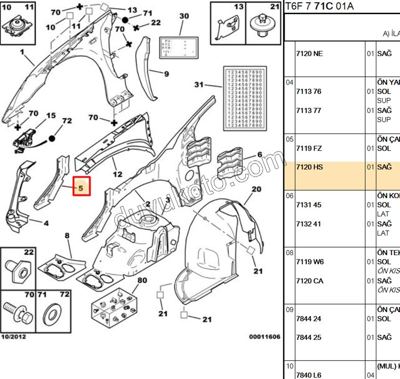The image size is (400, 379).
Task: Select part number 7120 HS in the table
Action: click(x=309, y=167)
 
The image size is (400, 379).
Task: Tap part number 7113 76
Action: click(x=308, y=91)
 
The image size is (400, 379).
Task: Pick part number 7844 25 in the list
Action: click(x=308, y=338)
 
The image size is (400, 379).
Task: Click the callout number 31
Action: click(x=199, y=85)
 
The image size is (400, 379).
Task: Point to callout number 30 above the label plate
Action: click(x=184, y=16)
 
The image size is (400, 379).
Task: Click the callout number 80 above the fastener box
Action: click(x=142, y=281)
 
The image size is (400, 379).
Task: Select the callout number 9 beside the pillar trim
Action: click(x=166, y=74)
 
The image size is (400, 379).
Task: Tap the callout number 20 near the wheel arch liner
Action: click(x=256, y=189)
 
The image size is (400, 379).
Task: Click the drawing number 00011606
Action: click(x=264, y=337)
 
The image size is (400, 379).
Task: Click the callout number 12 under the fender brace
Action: click(x=117, y=174)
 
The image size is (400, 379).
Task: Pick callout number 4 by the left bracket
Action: click(x=46, y=223)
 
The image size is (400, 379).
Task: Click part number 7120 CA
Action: click(x=309, y=281)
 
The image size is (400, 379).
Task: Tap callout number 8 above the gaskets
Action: click(x=67, y=235)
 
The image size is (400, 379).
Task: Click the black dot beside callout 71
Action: click(x=125, y=20)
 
